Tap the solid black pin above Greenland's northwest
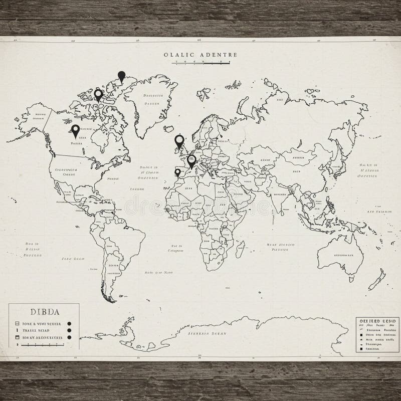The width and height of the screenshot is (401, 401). (121, 76)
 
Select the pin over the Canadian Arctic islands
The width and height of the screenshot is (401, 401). (98, 94)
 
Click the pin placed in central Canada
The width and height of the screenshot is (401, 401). (76, 130)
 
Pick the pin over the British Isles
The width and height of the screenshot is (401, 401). (179, 141)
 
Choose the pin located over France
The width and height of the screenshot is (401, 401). (191, 160)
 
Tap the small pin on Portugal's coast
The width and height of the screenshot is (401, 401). (177, 172)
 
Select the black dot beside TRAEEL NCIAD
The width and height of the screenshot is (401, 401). (70, 331)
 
